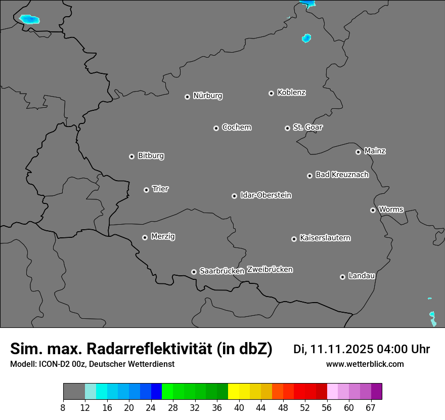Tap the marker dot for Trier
click(x=147, y=190)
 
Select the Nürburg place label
click(x=207, y=96)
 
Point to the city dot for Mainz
click(x=359, y=152)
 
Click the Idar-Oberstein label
click(x=265, y=195)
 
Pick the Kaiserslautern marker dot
click(x=294, y=239)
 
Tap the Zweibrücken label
click(x=270, y=270)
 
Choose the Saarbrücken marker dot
click(x=194, y=272)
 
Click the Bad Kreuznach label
click(x=342, y=175)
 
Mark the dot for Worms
click(x=373, y=210)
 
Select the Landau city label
click(x=362, y=276)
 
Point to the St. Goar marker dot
click(x=287, y=128)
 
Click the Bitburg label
click(x=151, y=156)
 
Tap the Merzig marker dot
click(x=145, y=237)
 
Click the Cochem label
click(x=236, y=128)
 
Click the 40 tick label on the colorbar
click(x=239, y=408)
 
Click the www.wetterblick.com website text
click(x=365, y=364)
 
